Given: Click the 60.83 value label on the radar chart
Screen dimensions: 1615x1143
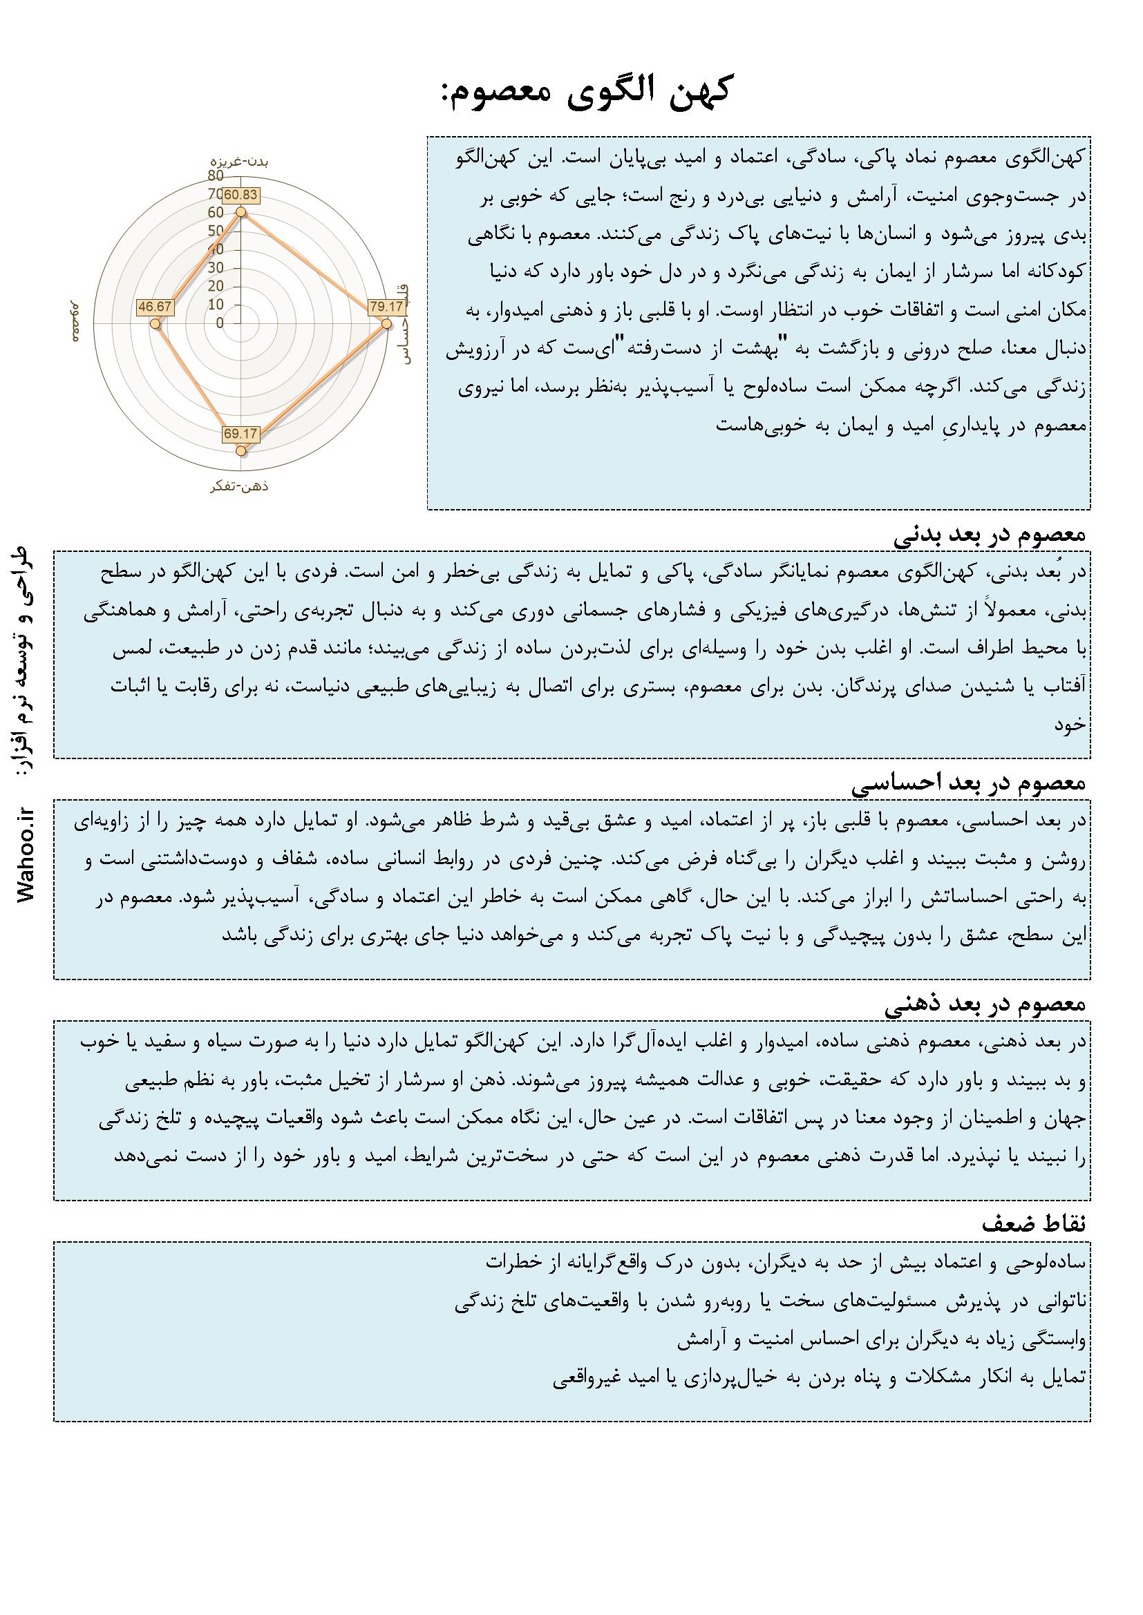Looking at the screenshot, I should click(240, 195).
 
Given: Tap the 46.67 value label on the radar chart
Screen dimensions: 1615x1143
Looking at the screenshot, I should click(154, 307).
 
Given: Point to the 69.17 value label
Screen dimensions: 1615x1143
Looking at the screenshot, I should click(240, 433).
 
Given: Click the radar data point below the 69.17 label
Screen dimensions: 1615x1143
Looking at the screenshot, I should click(240, 450).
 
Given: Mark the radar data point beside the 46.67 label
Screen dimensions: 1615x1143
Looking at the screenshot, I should click(155, 323).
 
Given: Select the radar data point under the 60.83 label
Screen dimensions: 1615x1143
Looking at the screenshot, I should click(240, 212).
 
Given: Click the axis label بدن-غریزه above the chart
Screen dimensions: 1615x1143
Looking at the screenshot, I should click(241, 160).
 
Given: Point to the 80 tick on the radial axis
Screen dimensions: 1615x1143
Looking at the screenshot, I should click(216, 176).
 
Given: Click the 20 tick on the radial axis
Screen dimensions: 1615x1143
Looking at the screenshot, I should click(216, 286).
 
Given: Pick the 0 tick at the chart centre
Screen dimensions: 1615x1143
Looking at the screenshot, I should click(220, 323).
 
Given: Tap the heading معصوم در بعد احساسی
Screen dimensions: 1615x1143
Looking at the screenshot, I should click(970, 783).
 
